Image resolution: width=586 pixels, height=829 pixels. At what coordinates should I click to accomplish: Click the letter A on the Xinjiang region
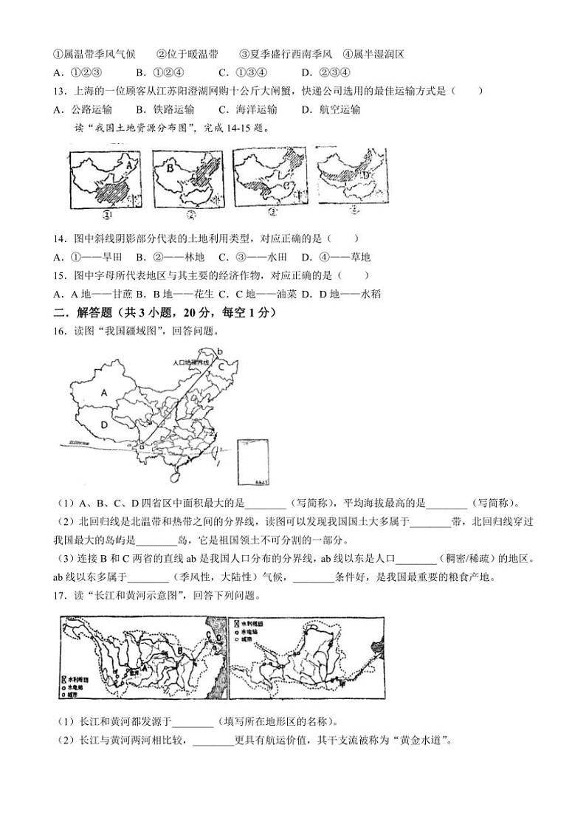tap(105, 393)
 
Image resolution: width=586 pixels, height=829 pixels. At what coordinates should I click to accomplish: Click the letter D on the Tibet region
tap(105, 425)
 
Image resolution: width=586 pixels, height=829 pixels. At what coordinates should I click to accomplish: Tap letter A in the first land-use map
tap(130, 167)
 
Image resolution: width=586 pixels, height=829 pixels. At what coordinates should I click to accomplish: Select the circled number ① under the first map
tap(107, 215)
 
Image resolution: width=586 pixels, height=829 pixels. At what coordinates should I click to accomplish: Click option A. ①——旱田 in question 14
tap(87, 257)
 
